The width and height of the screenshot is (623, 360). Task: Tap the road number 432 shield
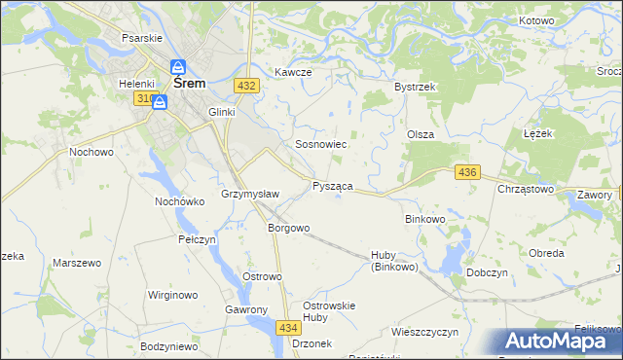click(246, 87)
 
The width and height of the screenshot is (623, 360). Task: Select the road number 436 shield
click(467, 172)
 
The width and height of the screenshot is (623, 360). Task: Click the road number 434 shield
click(288, 329)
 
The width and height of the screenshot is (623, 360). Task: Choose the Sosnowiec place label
click(321, 144)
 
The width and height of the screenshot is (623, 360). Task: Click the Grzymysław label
click(251, 194)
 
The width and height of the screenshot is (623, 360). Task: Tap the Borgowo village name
click(289, 229)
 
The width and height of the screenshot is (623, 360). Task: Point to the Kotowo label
click(535, 20)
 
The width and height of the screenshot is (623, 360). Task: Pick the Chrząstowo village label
click(526, 189)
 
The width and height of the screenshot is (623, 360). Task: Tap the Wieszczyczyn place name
click(424, 332)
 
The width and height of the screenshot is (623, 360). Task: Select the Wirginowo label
click(172, 294)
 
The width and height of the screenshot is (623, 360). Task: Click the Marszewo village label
click(77, 264)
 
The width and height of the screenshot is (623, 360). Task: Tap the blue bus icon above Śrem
click(178, 67)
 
